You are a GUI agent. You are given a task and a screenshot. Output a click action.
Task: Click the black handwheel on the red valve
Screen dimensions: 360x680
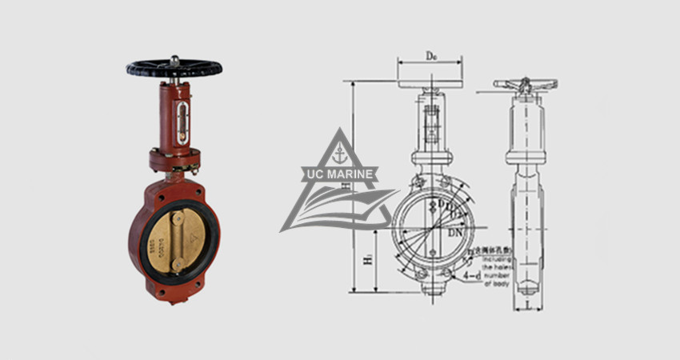click(173, 68)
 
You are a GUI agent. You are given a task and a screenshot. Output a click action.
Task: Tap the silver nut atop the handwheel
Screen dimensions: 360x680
click(173, 58)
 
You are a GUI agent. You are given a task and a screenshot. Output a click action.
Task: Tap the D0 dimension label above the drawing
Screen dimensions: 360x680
click(431, 55)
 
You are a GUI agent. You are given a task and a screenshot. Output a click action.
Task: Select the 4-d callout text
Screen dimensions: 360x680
click(472, 276)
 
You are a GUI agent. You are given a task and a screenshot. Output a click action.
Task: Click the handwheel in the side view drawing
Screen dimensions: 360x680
click(526, 84)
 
